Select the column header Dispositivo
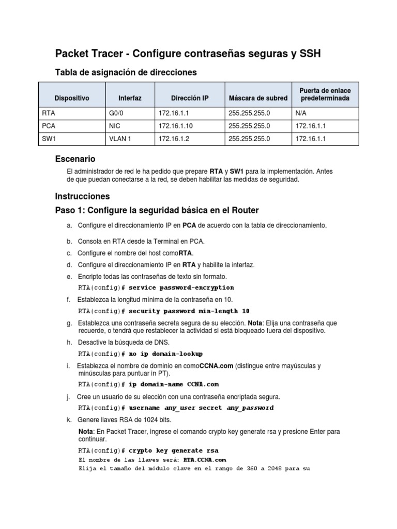[x=72, y=98]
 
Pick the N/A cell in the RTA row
[x=301, y=111]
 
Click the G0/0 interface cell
[x=116, y=111]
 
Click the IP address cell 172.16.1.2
[x=172, y=139]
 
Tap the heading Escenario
[x=75, y=159]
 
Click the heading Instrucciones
[x=82, y=196]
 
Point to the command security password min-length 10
[x=189, y=312]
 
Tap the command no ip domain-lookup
[x=165, y=354]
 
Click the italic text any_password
[x=250, y=408]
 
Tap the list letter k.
[x=69, y=420]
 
